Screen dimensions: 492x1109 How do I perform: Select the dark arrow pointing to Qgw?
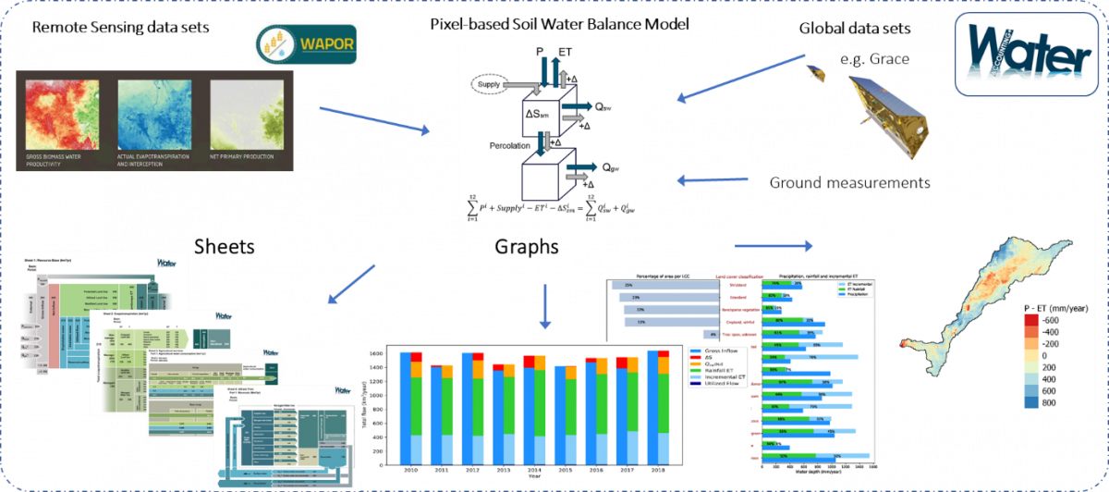(x=579, y=168)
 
